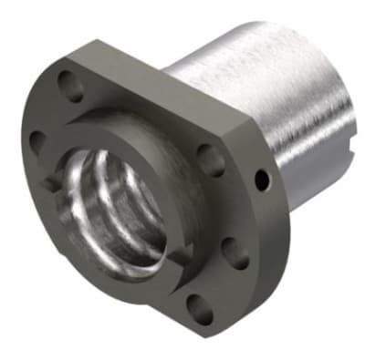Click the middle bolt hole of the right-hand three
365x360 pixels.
click(235, 252)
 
